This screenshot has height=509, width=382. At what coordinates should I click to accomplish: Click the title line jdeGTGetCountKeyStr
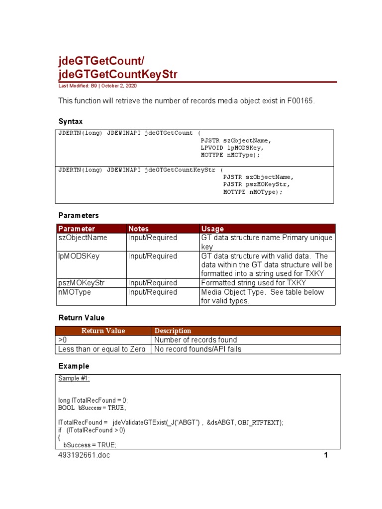pyautogui.click(x=118, y=75)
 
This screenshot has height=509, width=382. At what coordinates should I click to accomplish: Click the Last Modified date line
pyautogui.click(x=97, y=86)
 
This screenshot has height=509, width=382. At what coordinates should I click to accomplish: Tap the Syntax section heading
pyautogui.click(x=71, y=121)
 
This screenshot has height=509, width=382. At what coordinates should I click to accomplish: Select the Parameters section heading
pyautogui.click(x=79, y=215)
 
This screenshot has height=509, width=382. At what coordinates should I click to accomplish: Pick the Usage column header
pyautogui.click(x=212, y=229)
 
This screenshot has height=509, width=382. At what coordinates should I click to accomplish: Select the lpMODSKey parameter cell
pyautogui.click(x=79, y=256)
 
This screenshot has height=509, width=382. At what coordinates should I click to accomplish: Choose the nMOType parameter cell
pyautogui.click(x=75, y=292)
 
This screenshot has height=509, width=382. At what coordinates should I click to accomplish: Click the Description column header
pyautogui.click(x=173, y=331)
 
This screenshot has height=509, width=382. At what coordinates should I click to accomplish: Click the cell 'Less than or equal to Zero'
pyautogui.click(x=101, y=349)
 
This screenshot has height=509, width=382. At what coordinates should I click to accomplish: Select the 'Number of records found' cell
pyautogui.click(x=195, y=340)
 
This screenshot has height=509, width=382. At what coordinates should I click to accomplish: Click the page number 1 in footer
pyautogui.click(x=325, y=455)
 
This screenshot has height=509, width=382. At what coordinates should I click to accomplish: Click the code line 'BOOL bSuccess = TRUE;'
pyautogui.click(x=92, y=408)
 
